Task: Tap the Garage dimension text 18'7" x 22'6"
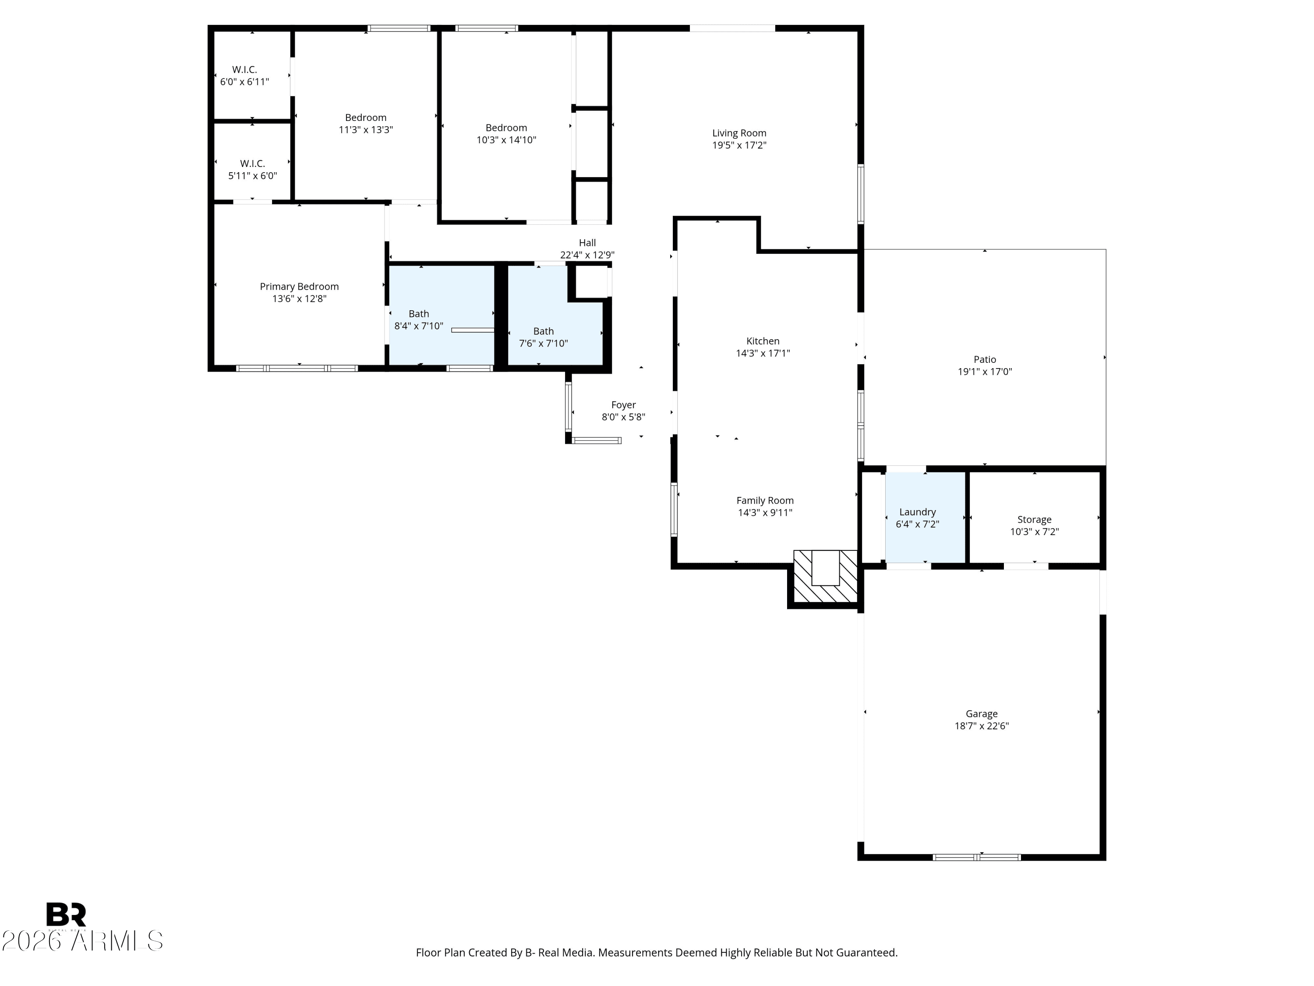[982, 726]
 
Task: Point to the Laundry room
[925, 517]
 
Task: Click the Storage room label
[1034, 519]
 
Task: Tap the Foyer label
[623, 405]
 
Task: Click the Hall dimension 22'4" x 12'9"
[587, 255]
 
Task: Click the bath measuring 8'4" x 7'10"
[442, 315]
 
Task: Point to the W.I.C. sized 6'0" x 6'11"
[252, 75]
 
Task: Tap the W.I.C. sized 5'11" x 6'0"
[252, 162]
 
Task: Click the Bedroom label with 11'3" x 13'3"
[365, 118]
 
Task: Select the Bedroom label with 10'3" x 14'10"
[506, 128]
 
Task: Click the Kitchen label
[763, 341]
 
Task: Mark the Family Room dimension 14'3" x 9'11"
[765, 512]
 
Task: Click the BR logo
[66, 914]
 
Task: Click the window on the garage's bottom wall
[977, 857]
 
